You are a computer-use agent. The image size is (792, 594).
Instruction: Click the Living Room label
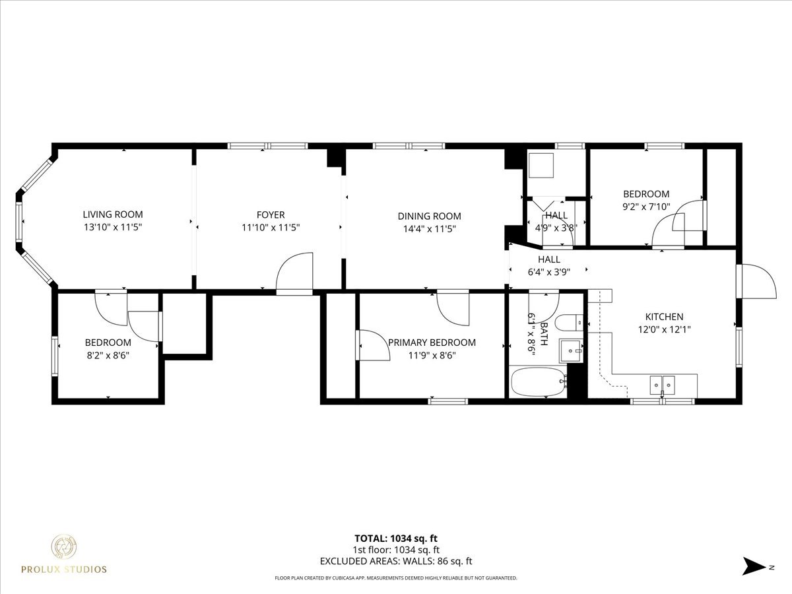[x=112, y=214]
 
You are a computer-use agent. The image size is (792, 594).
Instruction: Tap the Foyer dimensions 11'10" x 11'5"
[x=271, y=228]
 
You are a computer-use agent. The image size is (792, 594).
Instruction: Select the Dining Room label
[x=429, y=216]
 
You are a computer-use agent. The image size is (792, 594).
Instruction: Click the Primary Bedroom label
[x=432, y=343]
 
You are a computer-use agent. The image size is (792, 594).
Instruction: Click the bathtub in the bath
[x=538, y=383]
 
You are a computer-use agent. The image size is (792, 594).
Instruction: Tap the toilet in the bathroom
[x=568, y=323]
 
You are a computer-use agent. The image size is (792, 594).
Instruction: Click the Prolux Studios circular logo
[x=65, y=547]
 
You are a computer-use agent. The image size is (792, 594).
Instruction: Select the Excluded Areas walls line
[x=396, y=562]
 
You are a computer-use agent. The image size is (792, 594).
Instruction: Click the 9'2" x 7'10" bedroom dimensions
[x=646, y=207]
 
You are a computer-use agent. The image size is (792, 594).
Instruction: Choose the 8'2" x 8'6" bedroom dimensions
[x=108, y=355]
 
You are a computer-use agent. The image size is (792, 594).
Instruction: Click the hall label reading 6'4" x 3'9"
[x=548, y=271]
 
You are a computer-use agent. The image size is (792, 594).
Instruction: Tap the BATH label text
[x=544, y=329]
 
